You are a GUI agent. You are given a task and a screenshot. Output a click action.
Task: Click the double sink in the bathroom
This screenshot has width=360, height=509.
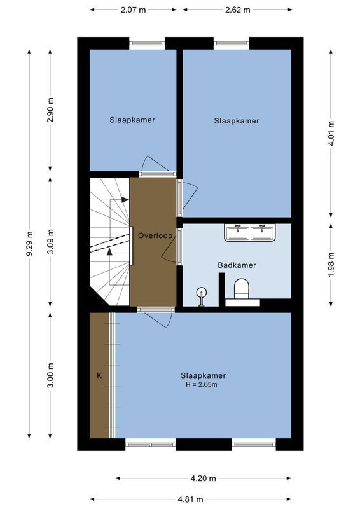coord(249,232)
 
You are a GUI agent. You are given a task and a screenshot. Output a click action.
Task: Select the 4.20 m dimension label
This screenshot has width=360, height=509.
coord(203,478)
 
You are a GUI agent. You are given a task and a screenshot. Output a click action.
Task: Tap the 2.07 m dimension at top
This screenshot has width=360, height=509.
coord(132,10)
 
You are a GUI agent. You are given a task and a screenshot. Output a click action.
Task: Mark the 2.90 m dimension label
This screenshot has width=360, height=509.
coord(51,111)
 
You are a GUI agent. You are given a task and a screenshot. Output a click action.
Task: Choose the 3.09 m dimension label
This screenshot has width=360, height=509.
coord(51,241)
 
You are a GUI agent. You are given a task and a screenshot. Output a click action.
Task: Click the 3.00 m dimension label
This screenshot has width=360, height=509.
coord(51,375)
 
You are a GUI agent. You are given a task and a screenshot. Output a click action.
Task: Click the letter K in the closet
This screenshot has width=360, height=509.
coord(99,376)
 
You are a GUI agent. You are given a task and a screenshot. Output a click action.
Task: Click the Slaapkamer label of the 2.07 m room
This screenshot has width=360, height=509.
coord(132,120)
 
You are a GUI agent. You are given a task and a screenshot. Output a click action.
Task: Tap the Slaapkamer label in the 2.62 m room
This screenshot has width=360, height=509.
coord(237,120)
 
